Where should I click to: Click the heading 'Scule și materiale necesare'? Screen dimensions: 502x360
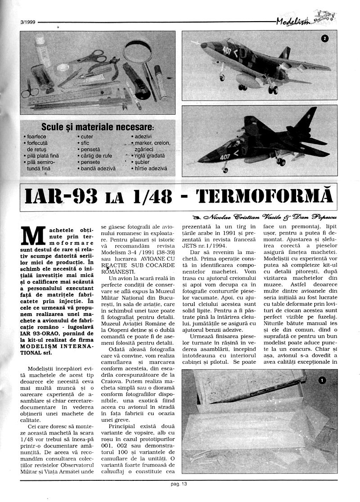pos(97,127)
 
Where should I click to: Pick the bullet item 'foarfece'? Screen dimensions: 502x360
pos(36,136)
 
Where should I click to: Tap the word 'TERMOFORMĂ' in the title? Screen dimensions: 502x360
pos(264,196)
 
